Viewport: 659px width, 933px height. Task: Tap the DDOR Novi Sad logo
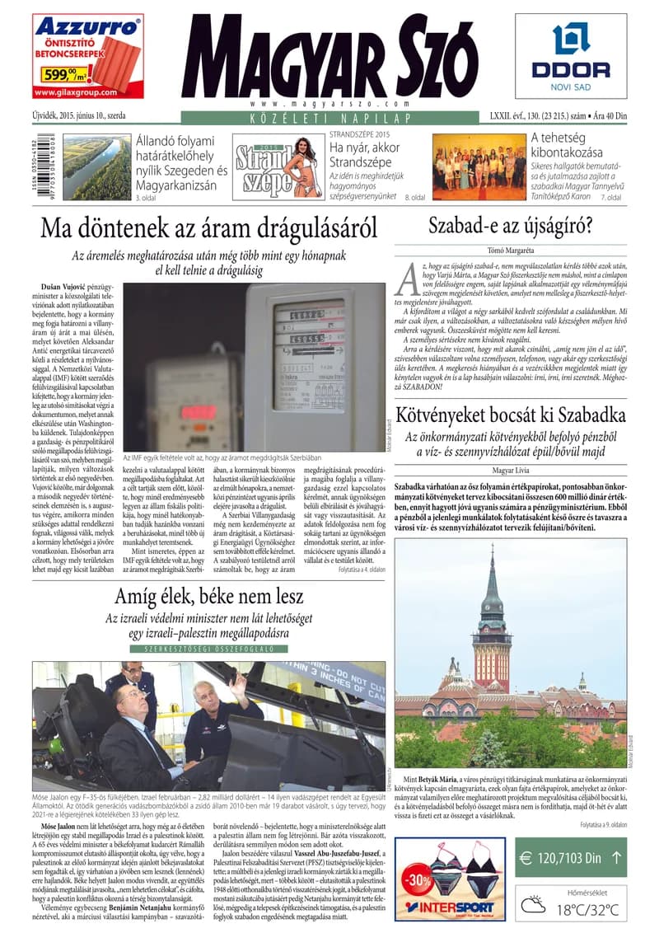pos(570,54)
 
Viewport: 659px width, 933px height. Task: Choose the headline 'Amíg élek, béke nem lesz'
pos(209,597)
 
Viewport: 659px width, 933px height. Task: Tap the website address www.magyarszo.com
pos(329,105)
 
